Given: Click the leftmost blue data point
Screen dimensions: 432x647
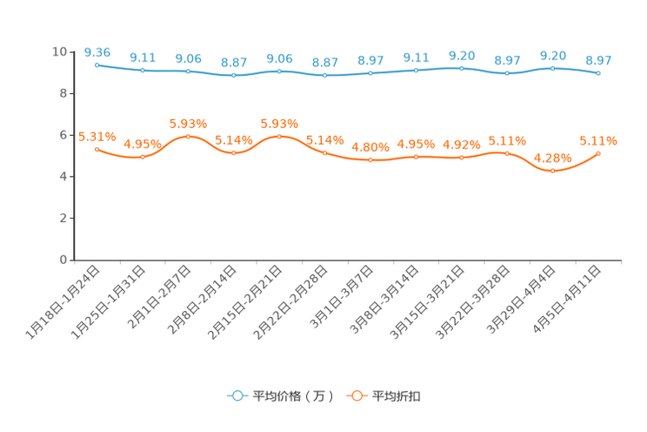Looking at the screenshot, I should click(97, 64).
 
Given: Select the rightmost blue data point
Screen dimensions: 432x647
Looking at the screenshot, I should click(598, 74).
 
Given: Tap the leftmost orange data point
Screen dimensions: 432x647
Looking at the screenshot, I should click(97, 149).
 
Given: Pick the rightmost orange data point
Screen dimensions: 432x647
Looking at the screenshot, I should click(598, 153).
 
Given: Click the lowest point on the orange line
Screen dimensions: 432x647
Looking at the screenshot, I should click(552, 172).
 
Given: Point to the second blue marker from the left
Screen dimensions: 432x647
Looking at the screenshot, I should click(143, 70).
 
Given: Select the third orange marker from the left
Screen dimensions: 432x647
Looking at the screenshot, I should click(188, 136).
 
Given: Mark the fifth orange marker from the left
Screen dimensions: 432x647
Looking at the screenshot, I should click(279, 136).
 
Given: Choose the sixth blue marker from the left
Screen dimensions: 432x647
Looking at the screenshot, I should click(324, 76).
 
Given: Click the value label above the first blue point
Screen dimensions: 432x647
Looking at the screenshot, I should click(97, 52).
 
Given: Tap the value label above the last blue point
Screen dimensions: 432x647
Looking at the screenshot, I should click(598, 60).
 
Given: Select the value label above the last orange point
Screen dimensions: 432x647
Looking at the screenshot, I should click(598, 139).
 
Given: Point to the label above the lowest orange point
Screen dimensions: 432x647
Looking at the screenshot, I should click(552, 158).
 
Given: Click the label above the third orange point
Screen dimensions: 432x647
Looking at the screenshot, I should click(188, 123).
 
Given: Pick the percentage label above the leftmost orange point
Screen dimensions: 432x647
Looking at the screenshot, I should click(97, 136).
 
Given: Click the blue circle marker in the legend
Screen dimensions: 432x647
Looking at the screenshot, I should click(237, 396).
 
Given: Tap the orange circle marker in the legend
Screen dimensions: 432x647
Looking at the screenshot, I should click(357, 396).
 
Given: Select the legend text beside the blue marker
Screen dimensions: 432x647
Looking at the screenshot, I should click(292, 397).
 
